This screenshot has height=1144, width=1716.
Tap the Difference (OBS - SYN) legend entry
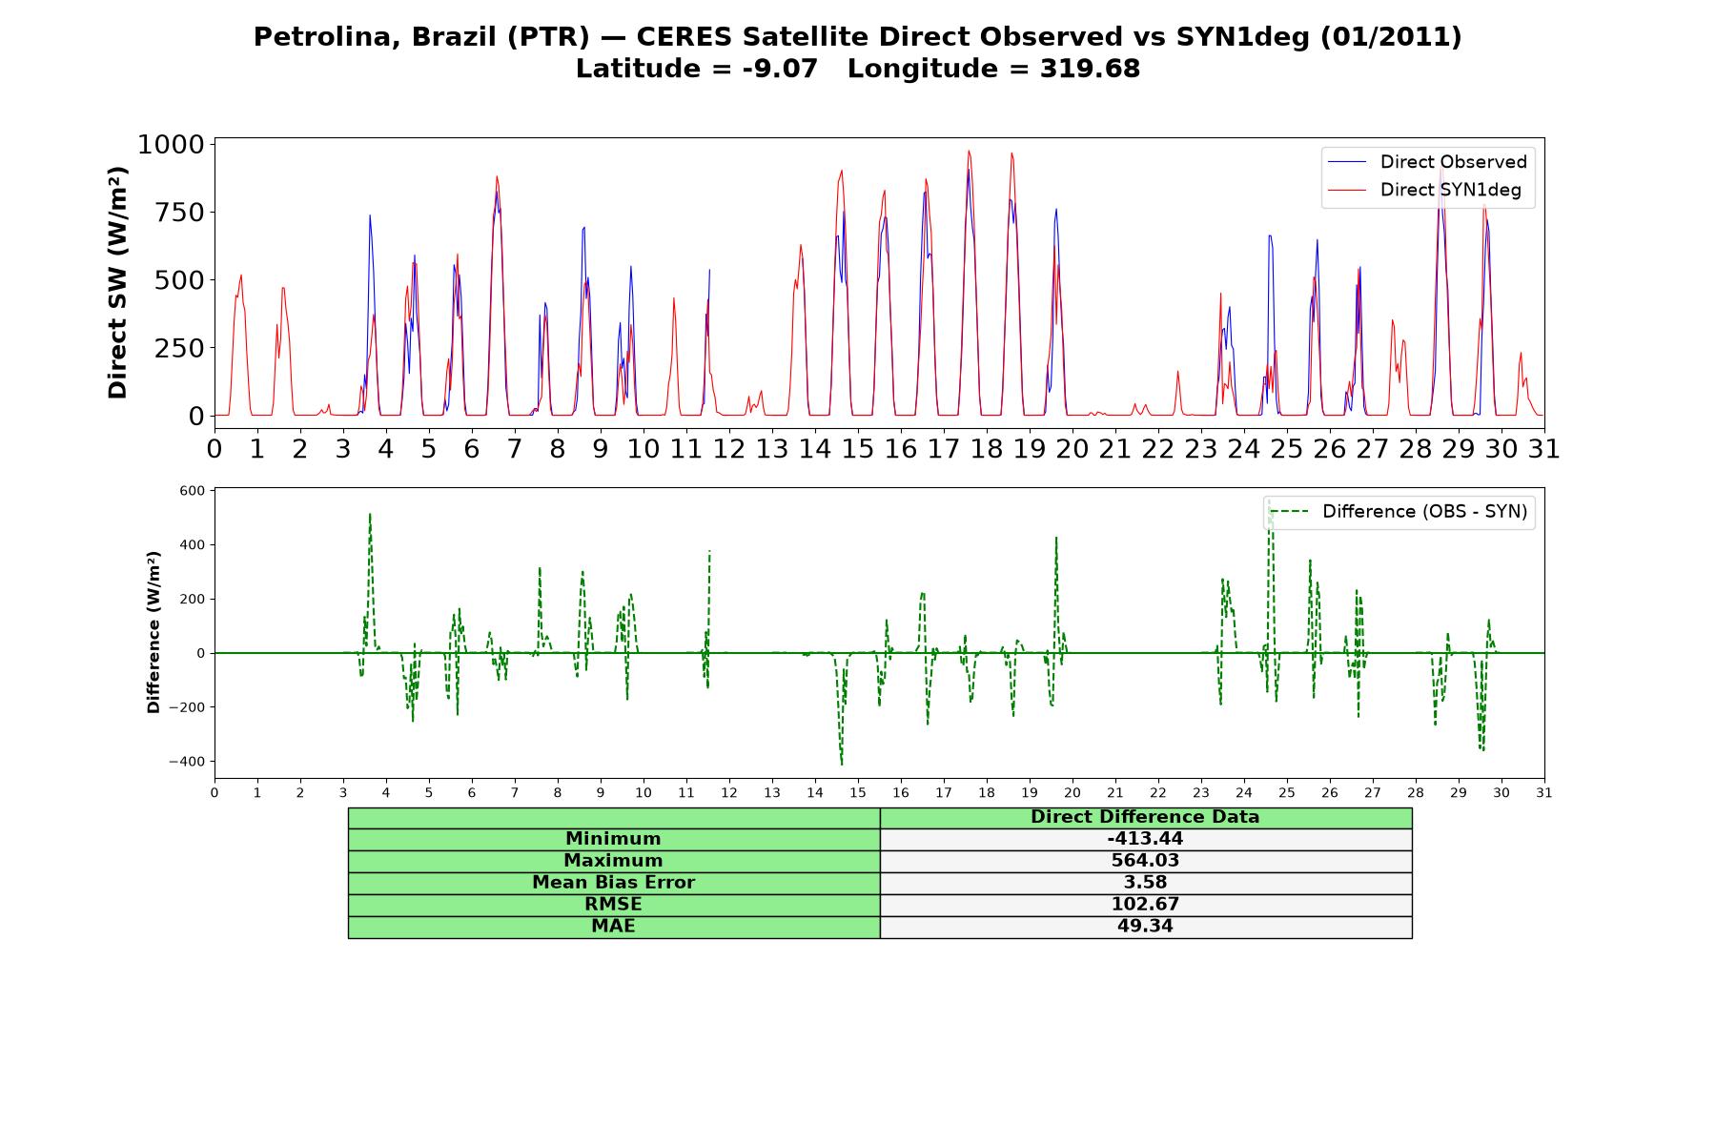(1399, 512)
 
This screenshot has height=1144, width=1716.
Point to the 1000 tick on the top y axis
(172, 144)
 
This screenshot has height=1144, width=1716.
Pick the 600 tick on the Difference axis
(192, 491)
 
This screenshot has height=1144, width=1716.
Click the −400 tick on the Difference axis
(187, 762)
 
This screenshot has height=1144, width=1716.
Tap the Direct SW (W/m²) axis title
(117, 282)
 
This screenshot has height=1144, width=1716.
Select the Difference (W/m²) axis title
(153, 632)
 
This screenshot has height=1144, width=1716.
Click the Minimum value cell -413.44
(1145, 839)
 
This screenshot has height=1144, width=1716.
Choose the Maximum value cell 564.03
(1145, 861)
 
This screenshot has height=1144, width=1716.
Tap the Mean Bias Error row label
(613, 883)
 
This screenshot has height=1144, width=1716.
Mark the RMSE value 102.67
(1145, 905)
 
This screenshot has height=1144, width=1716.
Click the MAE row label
(613, 927)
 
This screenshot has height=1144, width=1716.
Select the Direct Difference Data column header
(1145, 817)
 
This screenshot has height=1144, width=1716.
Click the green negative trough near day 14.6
(841, 764)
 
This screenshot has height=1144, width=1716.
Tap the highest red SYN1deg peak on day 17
(969, 151)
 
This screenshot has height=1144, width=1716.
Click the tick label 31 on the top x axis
(1544, 448)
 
